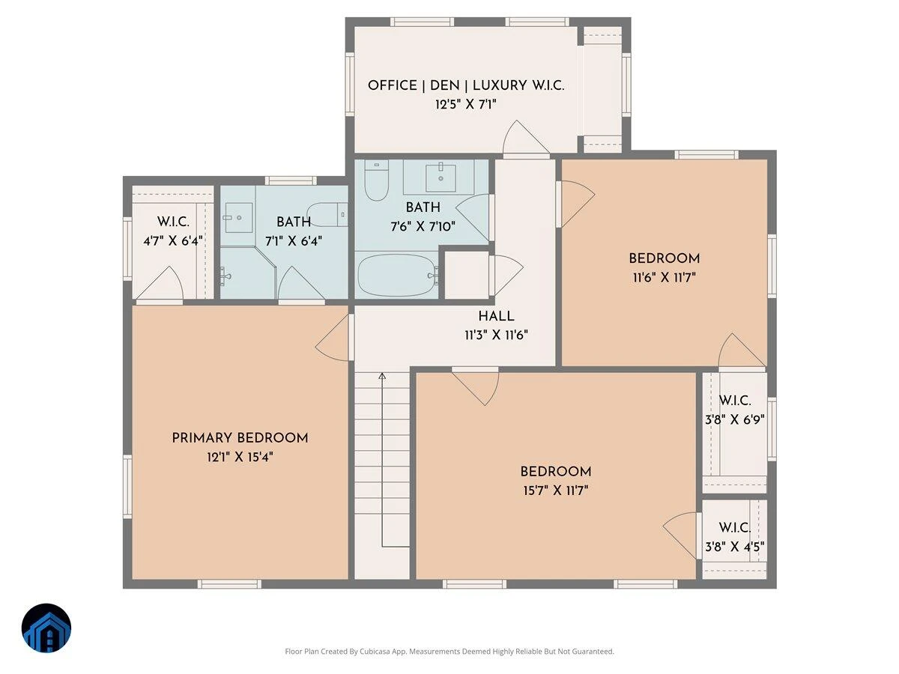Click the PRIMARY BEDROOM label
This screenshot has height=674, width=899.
240,438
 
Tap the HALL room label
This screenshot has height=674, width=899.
496,316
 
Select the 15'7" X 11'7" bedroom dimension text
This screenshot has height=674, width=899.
556,491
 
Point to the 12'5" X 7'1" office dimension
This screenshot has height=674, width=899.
466,104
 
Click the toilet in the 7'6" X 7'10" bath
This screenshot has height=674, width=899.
376,180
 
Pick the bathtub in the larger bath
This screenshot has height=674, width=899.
397,275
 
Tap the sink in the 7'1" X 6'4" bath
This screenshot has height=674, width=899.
238,218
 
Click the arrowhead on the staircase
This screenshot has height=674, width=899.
382,376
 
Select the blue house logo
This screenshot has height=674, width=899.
46,628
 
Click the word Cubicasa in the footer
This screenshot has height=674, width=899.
375,651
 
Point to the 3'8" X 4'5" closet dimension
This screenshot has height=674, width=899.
734,547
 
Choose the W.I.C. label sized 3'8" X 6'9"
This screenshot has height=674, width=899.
735,400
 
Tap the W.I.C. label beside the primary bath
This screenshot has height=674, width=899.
173,222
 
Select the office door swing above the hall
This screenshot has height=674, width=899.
526,137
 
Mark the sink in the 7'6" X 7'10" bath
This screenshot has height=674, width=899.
441,177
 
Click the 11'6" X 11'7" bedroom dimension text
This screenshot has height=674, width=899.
664,278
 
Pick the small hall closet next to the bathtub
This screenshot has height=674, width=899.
467,275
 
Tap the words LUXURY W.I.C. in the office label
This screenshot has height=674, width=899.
518,85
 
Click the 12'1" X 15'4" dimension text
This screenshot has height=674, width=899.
240,457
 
